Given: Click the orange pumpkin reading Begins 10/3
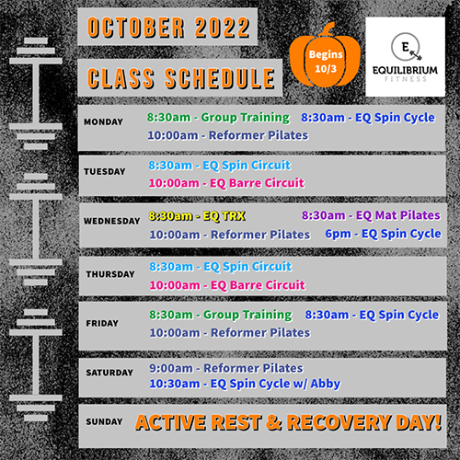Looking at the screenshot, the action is point(325,58).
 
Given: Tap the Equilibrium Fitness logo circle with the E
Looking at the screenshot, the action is point(406,47).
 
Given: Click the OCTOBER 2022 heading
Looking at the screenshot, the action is point(168,28).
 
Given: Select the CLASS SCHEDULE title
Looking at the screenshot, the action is point(180,78).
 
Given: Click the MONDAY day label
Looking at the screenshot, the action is point(103,121).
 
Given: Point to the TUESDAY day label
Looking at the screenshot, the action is point(105,171).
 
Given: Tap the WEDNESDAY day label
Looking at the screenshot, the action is point(112,221).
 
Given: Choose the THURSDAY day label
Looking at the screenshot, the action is point(110,274).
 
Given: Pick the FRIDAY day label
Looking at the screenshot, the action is point(102,323).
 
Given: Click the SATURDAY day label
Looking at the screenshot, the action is point(109,373).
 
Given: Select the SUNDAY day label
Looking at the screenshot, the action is point(104,421).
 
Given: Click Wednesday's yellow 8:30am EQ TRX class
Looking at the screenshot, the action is point(197,216).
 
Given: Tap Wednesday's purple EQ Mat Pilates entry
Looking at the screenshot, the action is point(371,215).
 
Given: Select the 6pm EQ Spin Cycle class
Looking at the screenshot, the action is point(384,235).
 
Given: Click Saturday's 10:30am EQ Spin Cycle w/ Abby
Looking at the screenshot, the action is point(245,384).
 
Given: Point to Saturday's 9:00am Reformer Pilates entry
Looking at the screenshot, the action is point(226,368).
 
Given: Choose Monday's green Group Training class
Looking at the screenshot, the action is point(218,118).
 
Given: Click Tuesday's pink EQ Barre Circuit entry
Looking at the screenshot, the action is point(226,183).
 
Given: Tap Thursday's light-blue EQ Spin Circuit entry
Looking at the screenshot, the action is point(221,267).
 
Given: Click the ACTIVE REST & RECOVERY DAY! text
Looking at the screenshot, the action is point(289,422).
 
